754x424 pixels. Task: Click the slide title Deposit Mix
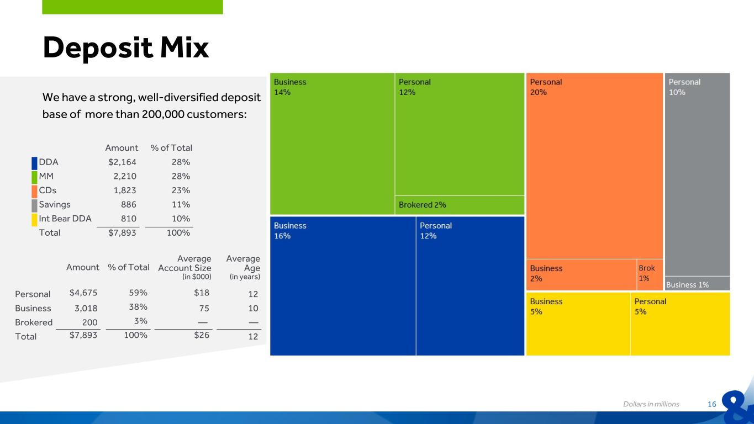pyautogui.click(x=126, y=47)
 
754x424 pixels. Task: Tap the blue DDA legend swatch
pyautogui.click(x=34, y=162)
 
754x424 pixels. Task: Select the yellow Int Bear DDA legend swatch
pyautogui.click(x=34, y=219)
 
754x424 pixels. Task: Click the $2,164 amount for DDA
pyautogui.click(x=122, y=162)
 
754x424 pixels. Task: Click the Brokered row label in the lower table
pyautogui.click(x=34, y=322)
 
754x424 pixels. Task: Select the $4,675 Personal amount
pyautogui.click(x=83, y=293)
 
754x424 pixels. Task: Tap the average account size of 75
pyautogui.click(x=204, y=308)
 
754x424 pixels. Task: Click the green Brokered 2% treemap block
pyautogui.click(x=460, y=205)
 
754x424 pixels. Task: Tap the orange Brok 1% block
pyautogui.click(x=650, y=274)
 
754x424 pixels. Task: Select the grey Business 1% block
pyautogui.click(x=697, y=284)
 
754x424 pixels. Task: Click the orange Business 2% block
pyautogui.click(x=581, y=274)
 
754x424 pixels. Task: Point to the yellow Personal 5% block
pyautogui.click(x=680, y=324)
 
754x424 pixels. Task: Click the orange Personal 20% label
pyautogui.click(x=546, y=87)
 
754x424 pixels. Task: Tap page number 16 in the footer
pyautogui.click(x=711, y=404)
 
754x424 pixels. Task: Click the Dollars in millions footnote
pyautogui.click(x=651, y=404)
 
